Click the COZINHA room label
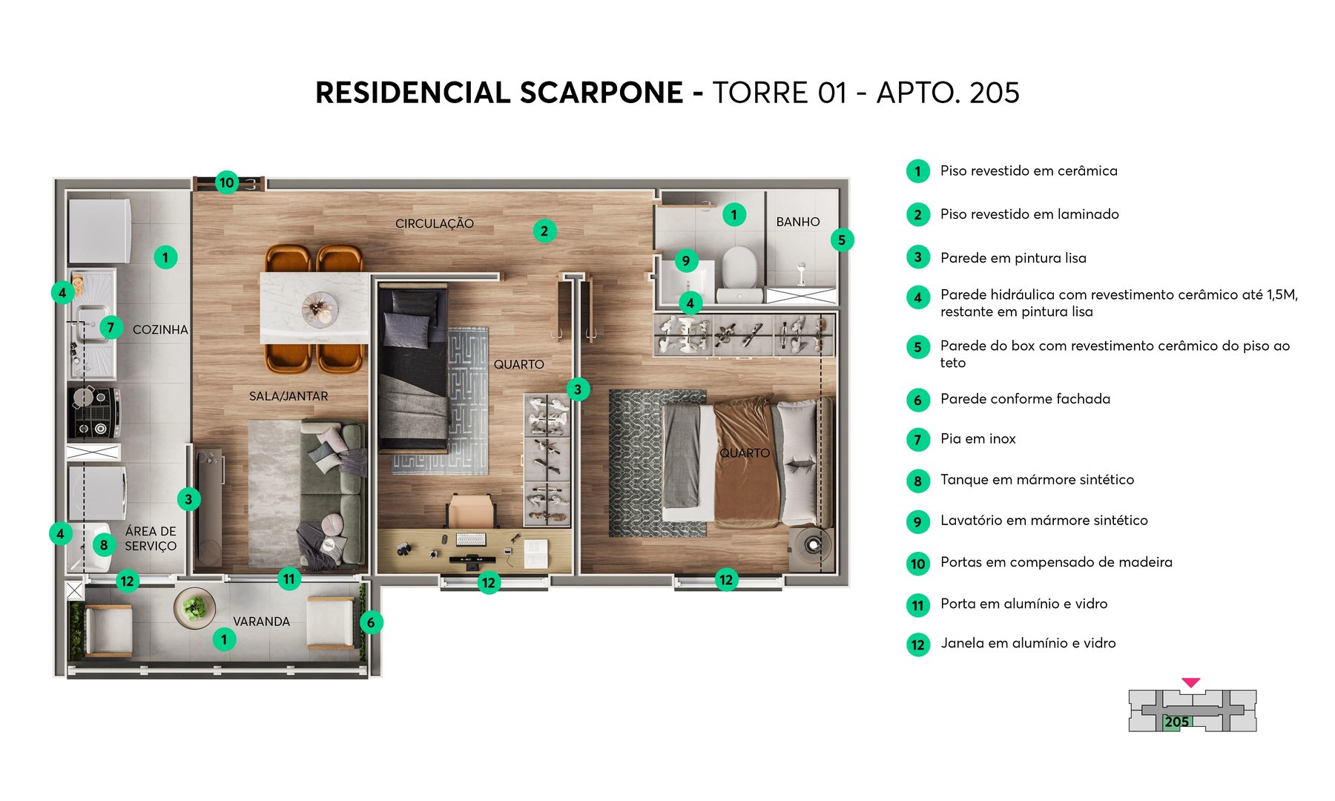click(x=160, y=329)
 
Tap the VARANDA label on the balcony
click(x=261, y=622)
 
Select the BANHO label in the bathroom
click(x=798, y=222)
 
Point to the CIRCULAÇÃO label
click(x=434, y=223)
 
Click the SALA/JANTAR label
click(x=289, y=396)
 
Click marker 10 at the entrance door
click(x=226, y=182)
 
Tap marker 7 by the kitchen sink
click(x=111, y=327)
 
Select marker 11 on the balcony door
click(x=289, y=579)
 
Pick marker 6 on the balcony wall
click(x=371, y=623)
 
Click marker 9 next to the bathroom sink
click(x=686, y=260)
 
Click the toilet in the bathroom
click(x=739, y=268)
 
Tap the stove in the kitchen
click(x=94, y=412)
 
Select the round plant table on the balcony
click(x=194, y=608)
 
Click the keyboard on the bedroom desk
click(x=470, y=538)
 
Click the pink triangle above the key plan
click(x=1190, y=682)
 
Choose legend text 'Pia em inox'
click(x=978, y=439)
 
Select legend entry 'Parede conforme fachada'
click(x=1025, y=399)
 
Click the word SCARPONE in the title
click(x=601, y=93)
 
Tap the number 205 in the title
click(x=994, y=93)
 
